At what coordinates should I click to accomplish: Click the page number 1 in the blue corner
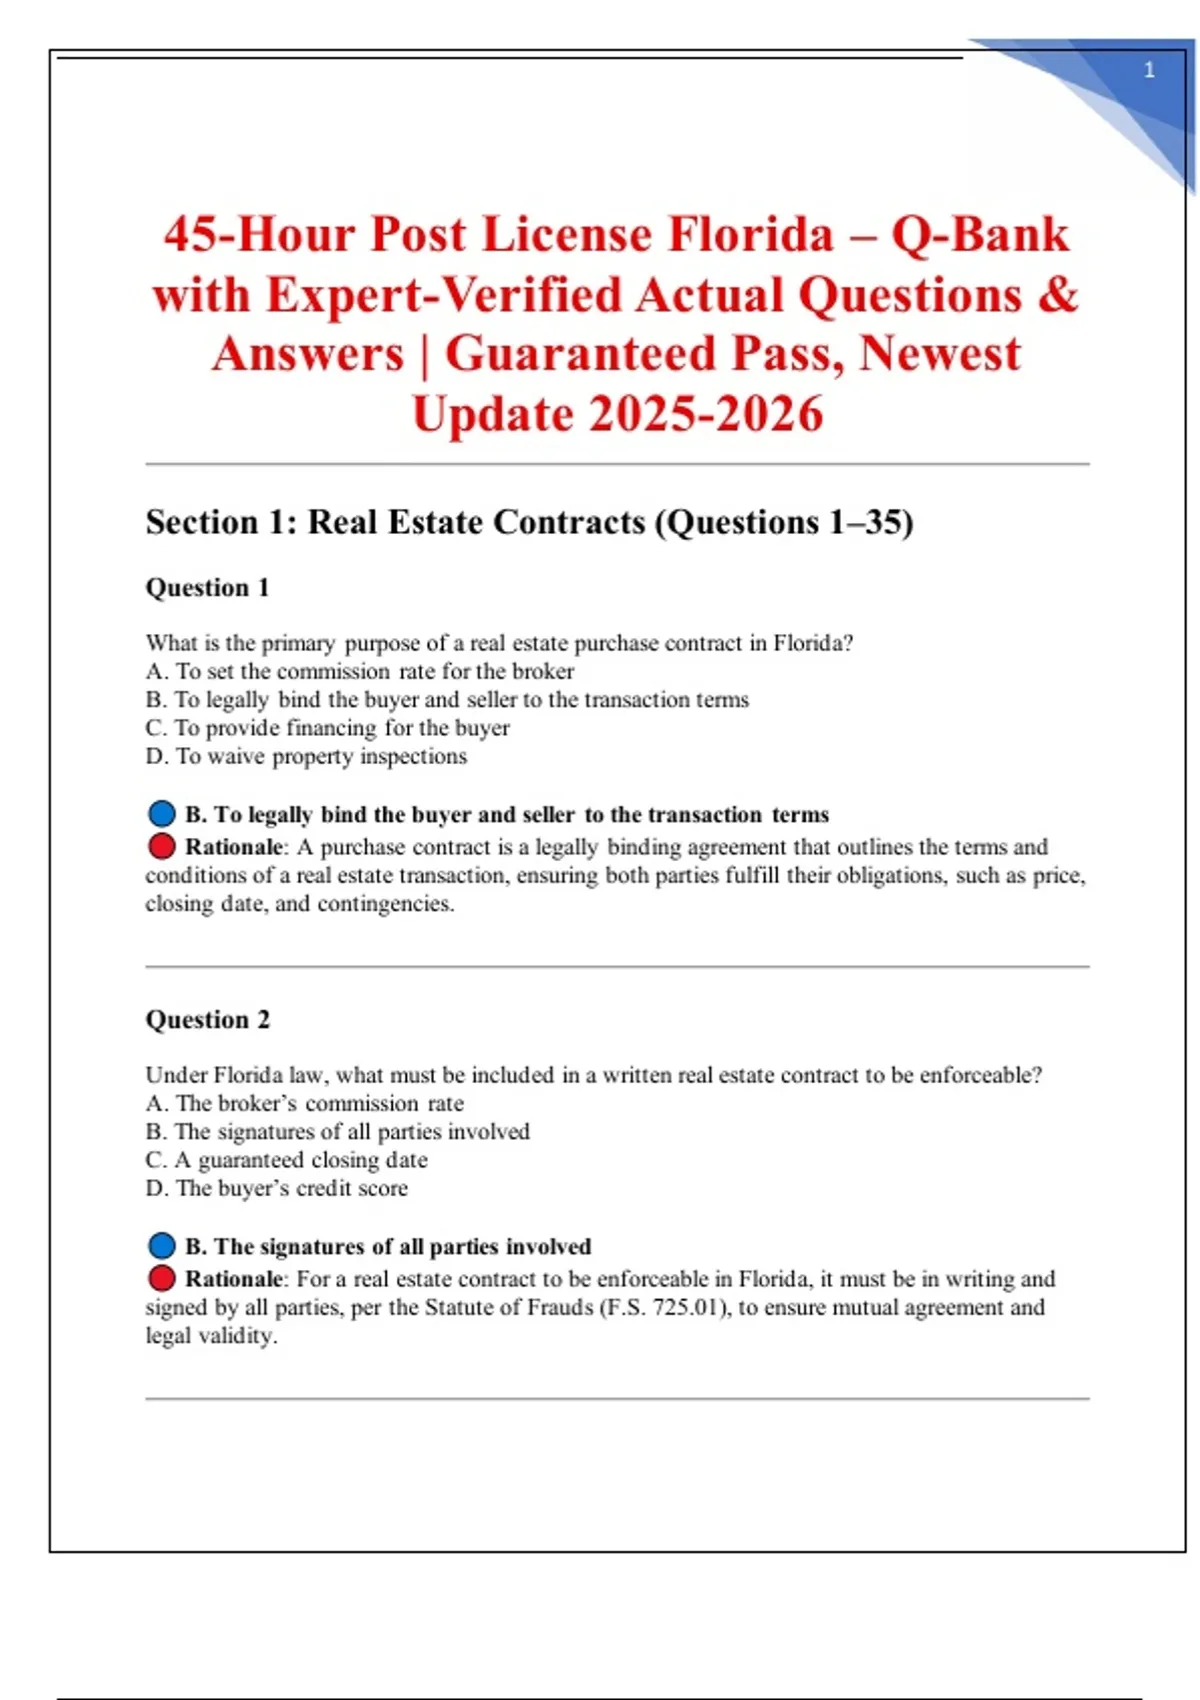click(1149, 70)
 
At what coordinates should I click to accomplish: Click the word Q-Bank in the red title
click(980, 235)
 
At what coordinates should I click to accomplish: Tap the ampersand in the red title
click(1059, 295)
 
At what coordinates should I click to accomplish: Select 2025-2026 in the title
click(706, 414)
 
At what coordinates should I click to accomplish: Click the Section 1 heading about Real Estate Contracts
click(529, 522)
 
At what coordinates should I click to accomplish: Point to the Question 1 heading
click(208, 587)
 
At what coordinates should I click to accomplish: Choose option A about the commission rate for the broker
click(360, 671)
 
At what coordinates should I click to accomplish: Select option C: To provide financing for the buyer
click(328, 727)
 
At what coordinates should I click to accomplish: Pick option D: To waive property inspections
click(306, 756)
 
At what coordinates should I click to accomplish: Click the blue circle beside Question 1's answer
click(162, 814)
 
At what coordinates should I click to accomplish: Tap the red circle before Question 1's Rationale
click(162, 847)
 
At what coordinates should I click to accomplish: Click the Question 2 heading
click(208, 1019)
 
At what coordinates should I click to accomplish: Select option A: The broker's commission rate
click(305, 1103)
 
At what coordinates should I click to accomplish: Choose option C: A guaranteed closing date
click(287, 1160)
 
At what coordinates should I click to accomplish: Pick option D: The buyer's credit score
click(277, 1188)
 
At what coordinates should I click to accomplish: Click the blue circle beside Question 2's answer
click(162, 1246)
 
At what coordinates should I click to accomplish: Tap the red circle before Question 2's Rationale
click(162, 1279)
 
